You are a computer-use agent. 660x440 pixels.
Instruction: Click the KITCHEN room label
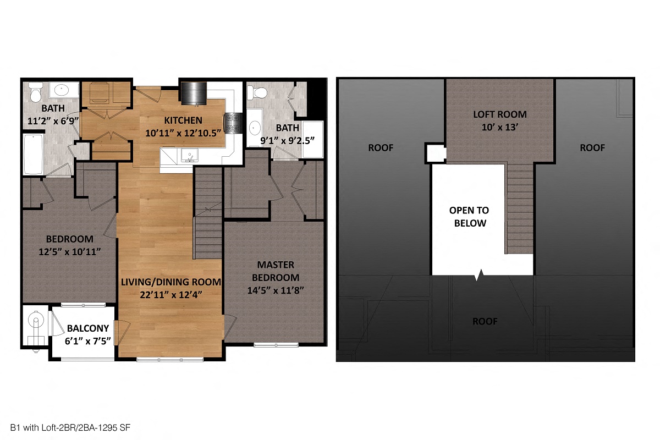coord(182,120)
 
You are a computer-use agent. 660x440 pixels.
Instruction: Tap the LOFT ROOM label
coord(500,115)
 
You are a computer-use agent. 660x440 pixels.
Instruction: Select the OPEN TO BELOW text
coord(469,217)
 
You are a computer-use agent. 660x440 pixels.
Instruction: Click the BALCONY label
coord(88,329)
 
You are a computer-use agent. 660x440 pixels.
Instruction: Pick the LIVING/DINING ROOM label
coord(171,282)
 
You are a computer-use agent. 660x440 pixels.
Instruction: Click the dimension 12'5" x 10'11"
coord(69,251)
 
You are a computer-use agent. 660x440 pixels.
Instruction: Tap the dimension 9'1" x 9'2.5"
coord(288,140)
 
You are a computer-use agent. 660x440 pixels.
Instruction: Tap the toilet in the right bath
coord(258,92)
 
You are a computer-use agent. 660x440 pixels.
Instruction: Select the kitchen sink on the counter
coord(189,156)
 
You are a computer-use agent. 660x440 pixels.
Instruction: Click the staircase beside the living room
coord(208,215)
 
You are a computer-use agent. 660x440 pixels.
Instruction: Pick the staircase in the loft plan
coord(519,209)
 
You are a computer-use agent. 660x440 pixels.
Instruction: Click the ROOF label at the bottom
coord(485,321)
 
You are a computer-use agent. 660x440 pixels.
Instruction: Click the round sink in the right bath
coord(255,128)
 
